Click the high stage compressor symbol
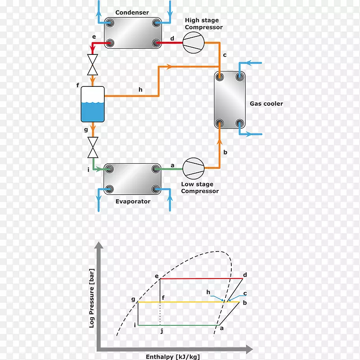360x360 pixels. click(x=193, y=43)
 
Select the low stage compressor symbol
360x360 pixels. click(x=193, y=168)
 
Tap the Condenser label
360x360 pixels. click(x=132, y=13)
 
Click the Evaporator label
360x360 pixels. click(x=133, y=202)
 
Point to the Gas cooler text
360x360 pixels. click(x=266, y=104)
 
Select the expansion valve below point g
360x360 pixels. click(x=93, y=147)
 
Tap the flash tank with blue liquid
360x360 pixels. click(x=93, y=104)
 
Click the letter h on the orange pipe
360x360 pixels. click(x=140, y=90)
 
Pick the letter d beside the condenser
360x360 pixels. click(x=172, y=38)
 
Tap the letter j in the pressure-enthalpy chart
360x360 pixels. click(x=161, y=332)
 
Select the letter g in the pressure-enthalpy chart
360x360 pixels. click(x=133, y=299)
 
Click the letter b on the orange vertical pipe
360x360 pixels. click(x=225, y=152)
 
